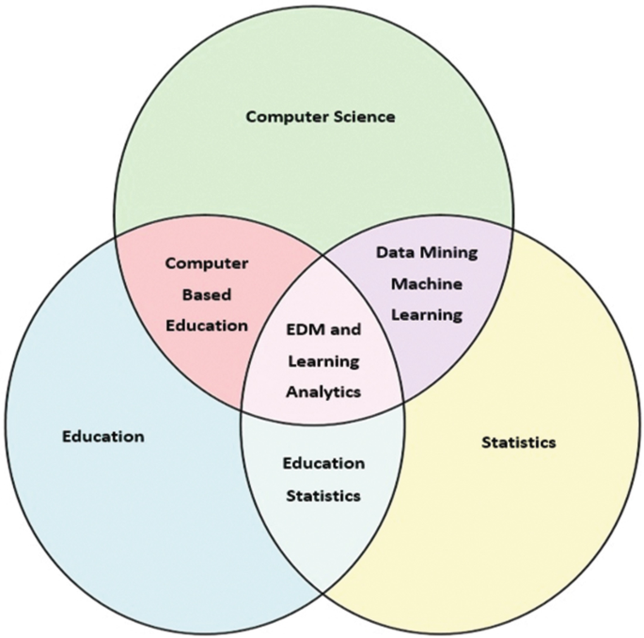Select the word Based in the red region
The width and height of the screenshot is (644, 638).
point(206,295)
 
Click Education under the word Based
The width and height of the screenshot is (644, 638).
point(208,326)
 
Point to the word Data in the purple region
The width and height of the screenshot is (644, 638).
point(394,252)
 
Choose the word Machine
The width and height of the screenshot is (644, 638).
point(426,283)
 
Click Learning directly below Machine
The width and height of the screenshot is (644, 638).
point(426,314)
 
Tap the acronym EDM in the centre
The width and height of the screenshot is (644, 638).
point(305,330)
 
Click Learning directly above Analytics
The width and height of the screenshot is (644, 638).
point(322,362)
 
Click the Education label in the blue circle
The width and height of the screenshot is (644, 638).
point(103,436)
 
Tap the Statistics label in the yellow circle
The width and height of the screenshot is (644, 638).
point(518,440)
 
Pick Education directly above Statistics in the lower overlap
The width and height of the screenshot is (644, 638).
point(323,463)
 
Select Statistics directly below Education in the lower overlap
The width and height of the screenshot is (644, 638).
point(323,495)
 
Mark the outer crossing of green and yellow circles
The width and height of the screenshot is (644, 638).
point(514,226)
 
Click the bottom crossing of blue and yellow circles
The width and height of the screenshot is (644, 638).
point(322,592)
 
